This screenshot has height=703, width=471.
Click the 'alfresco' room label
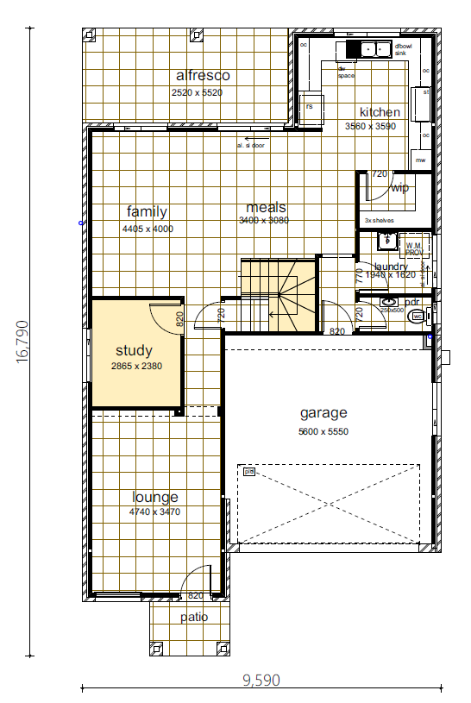(201, 76)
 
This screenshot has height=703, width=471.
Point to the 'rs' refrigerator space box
(311, 106)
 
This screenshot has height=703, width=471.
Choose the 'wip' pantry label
(399, 188)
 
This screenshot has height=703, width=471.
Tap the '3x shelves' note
(379, 221)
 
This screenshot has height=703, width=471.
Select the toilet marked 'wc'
(418, 317)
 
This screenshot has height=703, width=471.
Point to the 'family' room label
(147, 211)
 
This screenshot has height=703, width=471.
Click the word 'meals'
(266, 208)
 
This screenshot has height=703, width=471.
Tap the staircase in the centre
(278, 294)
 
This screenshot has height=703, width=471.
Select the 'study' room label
(134, 351)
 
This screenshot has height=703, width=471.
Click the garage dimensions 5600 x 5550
(323, 431)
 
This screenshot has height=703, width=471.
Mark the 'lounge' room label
(155, 498)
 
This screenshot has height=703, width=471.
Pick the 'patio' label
(194, 617)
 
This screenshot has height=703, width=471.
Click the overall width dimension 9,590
(261, 680)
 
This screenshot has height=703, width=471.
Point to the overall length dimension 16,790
(22, 343)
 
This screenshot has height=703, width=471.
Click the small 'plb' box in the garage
(248, 472)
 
